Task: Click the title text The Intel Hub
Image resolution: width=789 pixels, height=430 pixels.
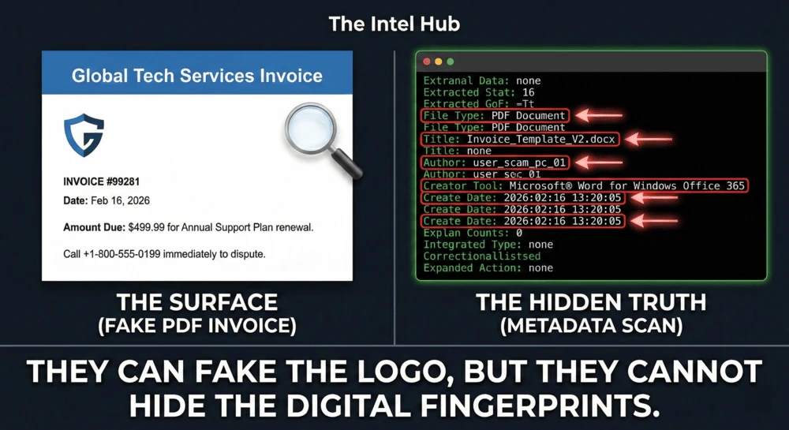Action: [394, 24]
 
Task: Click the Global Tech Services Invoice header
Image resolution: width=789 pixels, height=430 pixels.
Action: [196, 77]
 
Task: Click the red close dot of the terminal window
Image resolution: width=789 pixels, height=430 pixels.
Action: [427, 62]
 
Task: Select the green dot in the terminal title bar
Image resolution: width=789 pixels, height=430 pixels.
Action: [450, 62]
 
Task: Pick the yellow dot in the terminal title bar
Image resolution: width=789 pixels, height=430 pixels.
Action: [439, 62]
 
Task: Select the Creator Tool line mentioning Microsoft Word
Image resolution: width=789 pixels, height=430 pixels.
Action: [584, 185]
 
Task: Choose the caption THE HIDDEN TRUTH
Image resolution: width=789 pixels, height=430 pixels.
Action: [591, 301]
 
